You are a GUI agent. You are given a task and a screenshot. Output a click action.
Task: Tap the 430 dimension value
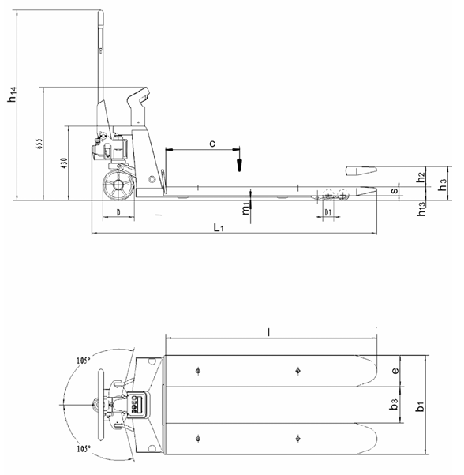pyautogui.click(x=63, y=163)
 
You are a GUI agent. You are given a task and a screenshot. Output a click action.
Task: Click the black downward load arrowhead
pyautogui.click(x=237, y=166)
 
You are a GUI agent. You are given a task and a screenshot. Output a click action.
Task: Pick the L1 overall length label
pyautogui.click(x=220, y=228)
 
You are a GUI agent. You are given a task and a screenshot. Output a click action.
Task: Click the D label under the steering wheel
pyautogui.click(x=118, y=213)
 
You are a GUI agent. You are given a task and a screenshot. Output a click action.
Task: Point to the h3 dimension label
pyautogui.click(x=443, y=182)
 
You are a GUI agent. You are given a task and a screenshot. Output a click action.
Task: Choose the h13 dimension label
pyautogui.click(x=422, y=208)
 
